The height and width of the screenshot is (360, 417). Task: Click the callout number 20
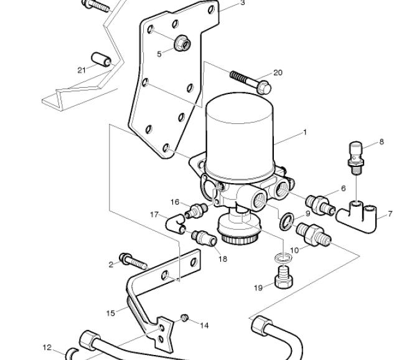pyautogui.click(x=278, y=73)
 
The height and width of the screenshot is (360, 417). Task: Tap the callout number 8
pyautogui.click(x=382, y=142)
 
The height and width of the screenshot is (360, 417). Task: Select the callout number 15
pyautogui.click(x=111, y=313)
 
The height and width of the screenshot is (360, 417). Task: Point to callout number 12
pyautogui.click(x=47, y=348)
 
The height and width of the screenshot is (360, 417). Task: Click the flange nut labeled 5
pyautogui.click(x=182, y=43)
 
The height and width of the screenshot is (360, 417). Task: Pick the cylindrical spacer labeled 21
pyautogui.click(x=101, y=60)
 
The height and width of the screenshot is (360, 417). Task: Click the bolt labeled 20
pyautogui.click(x=251, y=82)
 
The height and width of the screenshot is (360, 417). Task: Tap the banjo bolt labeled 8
pyautogui.click(x=356, y=158)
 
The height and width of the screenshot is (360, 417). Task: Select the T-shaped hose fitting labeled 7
pyautogui.click(x=357, y=217)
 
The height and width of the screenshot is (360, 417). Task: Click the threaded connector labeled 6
pyautogui.click(x=320, y=205)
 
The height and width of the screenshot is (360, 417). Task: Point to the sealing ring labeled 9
pyautogui.click(x=287, y=221)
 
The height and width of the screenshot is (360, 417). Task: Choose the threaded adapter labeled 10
pyautogui.click(x=313, y=234)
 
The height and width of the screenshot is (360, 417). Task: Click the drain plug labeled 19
pyautogui.click(x=284, y=277)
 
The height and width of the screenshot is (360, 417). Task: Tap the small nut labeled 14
pyautogui.click(x=185, y=318)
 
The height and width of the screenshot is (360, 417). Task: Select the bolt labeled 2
pyautogui.click(x=133, y=260)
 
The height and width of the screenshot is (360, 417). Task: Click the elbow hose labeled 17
pyautogui.click(x=175, y=222)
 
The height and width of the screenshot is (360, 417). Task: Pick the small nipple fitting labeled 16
pyautogui.click(x=196, y=210)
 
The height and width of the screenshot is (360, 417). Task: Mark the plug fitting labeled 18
pyautogui.click(x=204, y=237)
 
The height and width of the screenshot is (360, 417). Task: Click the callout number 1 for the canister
pyautogui.click(x=305, y=132)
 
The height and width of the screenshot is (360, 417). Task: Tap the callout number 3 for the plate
pyautogui.click(x=242, y=3)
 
